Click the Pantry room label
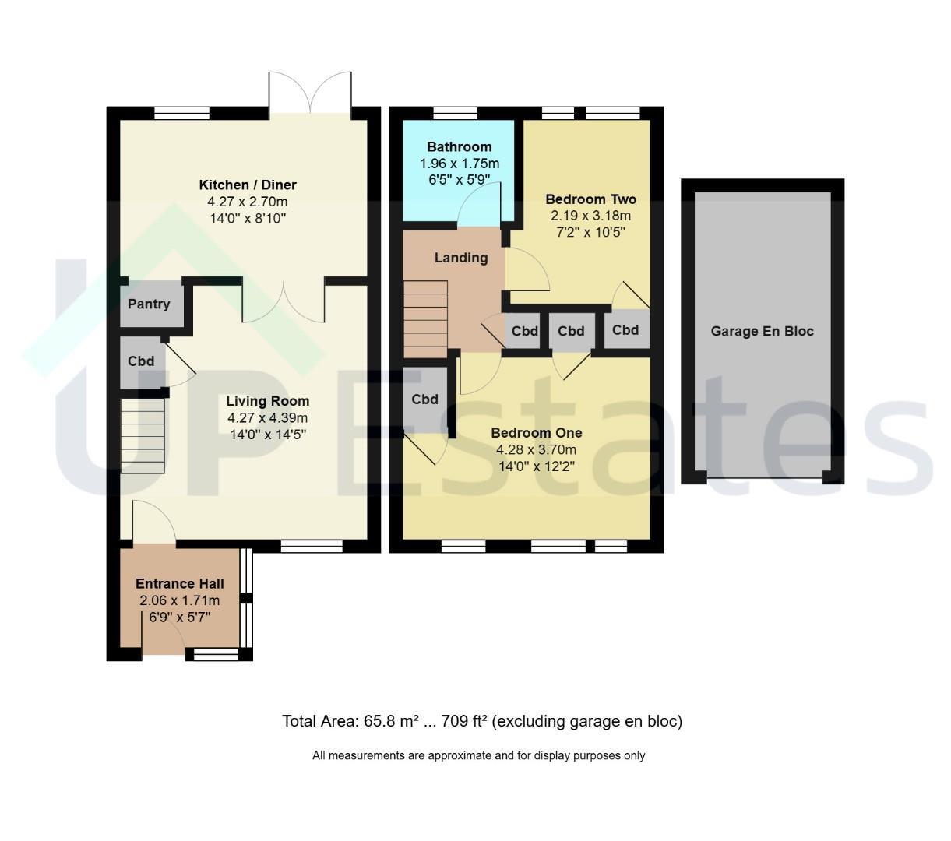coord(148,304)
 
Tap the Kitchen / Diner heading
coord(248,185)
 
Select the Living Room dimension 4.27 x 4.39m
coord(268,417)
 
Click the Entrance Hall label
coord(180,583)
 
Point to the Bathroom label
coord(459,147)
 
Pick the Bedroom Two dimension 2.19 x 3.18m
coord(590,216)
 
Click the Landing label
coord(461,258)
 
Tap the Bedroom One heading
coord(537,433)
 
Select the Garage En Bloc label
coord(762,331)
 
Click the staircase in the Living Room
coord(143,436)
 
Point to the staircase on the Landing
coord(425,319)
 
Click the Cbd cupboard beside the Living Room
coord(141,361)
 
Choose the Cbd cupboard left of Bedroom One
coord(424,399)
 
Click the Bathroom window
coord(455,113)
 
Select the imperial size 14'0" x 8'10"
coord(248,218)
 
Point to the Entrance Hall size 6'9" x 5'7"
coord(180,617)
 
